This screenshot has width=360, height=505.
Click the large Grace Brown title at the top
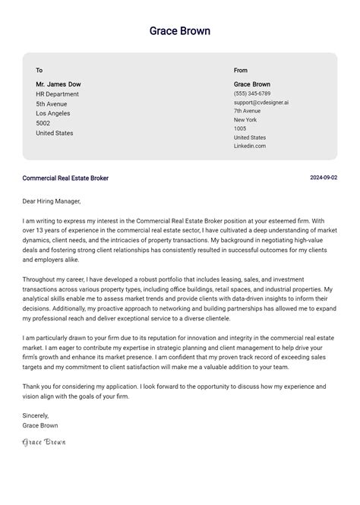tap(180, 31)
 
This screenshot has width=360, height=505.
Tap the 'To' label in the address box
tap(39, 71)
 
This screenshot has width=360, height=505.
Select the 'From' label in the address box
tap(241, 71)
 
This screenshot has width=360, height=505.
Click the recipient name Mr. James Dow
tap(58, 84)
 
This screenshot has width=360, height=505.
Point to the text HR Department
tap(57, 94)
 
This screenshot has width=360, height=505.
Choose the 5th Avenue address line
tap(52, 104)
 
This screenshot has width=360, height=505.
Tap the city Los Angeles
tap(54, 114)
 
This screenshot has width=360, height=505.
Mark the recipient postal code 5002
tap(43, 123)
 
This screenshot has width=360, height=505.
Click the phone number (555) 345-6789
tap(251, 93)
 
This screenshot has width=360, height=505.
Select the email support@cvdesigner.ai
tap(261, 103)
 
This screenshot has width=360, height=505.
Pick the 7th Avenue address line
tap(247, 111)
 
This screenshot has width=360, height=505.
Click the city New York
tap(245, 120)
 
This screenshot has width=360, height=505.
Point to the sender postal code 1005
tap(240, 129)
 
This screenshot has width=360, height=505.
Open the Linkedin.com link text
tap(249, 146)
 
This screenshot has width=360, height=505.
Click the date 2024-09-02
tap(324, 178)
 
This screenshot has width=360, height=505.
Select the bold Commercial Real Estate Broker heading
tap(65, 178)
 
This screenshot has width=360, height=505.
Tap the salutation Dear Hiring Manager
tap(52, 201)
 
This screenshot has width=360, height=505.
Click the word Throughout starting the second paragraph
tap(39, 279)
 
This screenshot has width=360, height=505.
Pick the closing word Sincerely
tap(36, 415)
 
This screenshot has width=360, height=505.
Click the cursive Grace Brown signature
tap(44, 441)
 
